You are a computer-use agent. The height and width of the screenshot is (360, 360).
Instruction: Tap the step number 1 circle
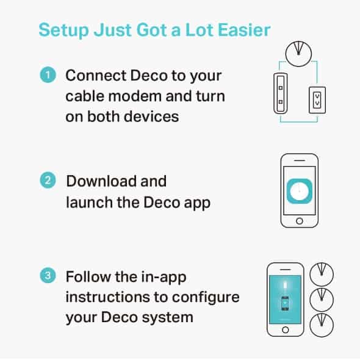tap(47, 76)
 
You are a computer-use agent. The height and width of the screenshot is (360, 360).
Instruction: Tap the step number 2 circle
tap(47, 181)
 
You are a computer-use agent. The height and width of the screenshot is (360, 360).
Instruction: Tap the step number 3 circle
tap(47, 276)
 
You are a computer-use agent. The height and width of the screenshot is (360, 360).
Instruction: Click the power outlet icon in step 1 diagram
tap(317, 98)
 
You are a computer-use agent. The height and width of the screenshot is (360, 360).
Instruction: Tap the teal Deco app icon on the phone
tap(299, 191)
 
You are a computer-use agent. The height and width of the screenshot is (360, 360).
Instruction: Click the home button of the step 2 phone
tap(299, 221)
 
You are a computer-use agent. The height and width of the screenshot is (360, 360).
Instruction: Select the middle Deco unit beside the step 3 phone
tap(323, 299)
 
